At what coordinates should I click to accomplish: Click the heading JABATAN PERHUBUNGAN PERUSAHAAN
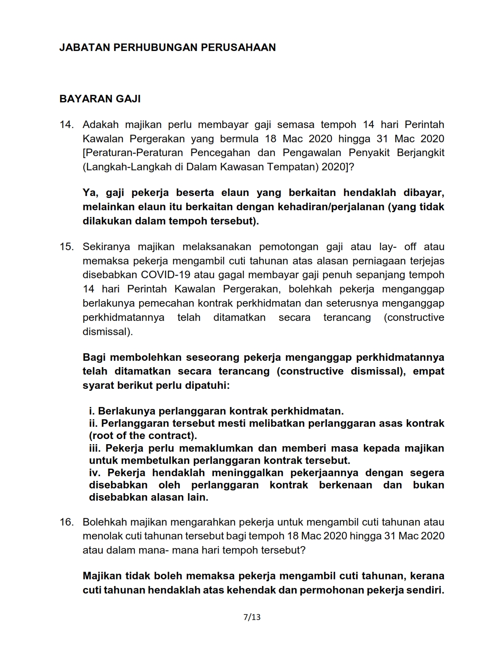[167, 47]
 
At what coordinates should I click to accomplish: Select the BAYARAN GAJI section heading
[100, 99]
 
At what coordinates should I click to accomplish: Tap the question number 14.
[66, 124]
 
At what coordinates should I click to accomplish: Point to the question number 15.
[66, 247]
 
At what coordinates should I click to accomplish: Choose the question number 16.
[66, 522]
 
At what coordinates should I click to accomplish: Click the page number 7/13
[252, 617]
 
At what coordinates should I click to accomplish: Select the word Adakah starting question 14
[100, 124]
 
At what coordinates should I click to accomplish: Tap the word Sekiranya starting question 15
[106, 247]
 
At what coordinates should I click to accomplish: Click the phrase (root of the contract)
[143, 435]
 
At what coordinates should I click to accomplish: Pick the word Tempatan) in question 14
[292, 167]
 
